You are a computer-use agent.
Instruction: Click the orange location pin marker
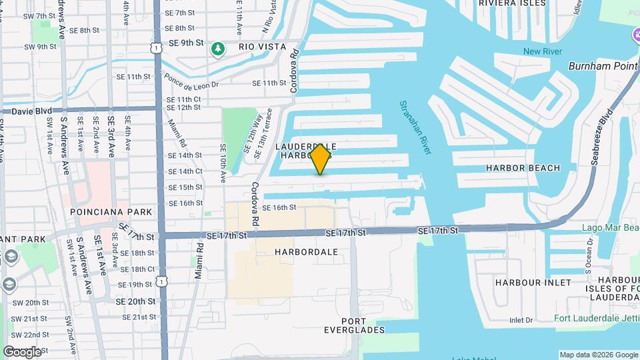(321, 159)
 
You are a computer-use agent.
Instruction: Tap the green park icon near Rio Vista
(217, 48)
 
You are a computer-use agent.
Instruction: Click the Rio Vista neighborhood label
(263, 47)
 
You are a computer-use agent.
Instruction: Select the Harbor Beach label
(523, 168)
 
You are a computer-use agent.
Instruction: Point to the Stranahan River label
(416, 127)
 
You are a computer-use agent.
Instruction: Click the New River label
(542, 52)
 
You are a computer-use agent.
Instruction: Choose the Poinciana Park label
(111, 212)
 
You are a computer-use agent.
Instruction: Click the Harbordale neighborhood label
(306, 252)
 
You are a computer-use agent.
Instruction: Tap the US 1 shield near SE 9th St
(156, 48)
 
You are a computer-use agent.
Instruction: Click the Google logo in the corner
(22, 352)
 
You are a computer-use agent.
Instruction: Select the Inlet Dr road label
(521, 320)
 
